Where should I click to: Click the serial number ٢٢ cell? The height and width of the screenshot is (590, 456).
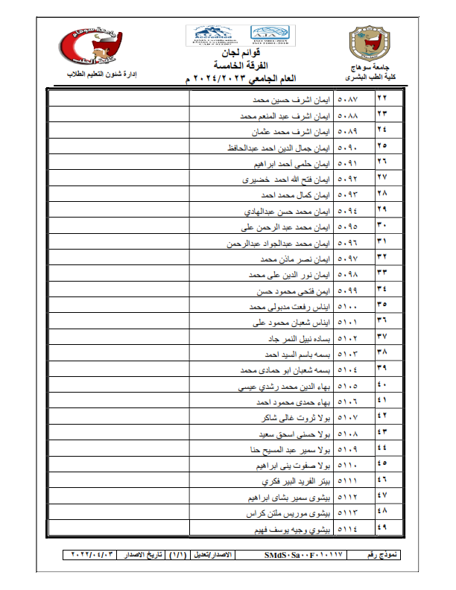point(382,98)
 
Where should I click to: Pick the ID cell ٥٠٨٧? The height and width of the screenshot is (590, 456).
point(348,98)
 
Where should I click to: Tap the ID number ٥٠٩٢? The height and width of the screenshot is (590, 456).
point(348,180)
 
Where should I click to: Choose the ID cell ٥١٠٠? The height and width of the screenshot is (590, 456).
point(348,305)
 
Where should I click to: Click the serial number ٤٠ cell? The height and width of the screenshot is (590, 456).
point(382,386)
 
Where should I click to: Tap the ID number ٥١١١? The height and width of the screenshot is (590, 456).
point(348,482)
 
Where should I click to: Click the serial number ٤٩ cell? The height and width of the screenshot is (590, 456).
point(382,528)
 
